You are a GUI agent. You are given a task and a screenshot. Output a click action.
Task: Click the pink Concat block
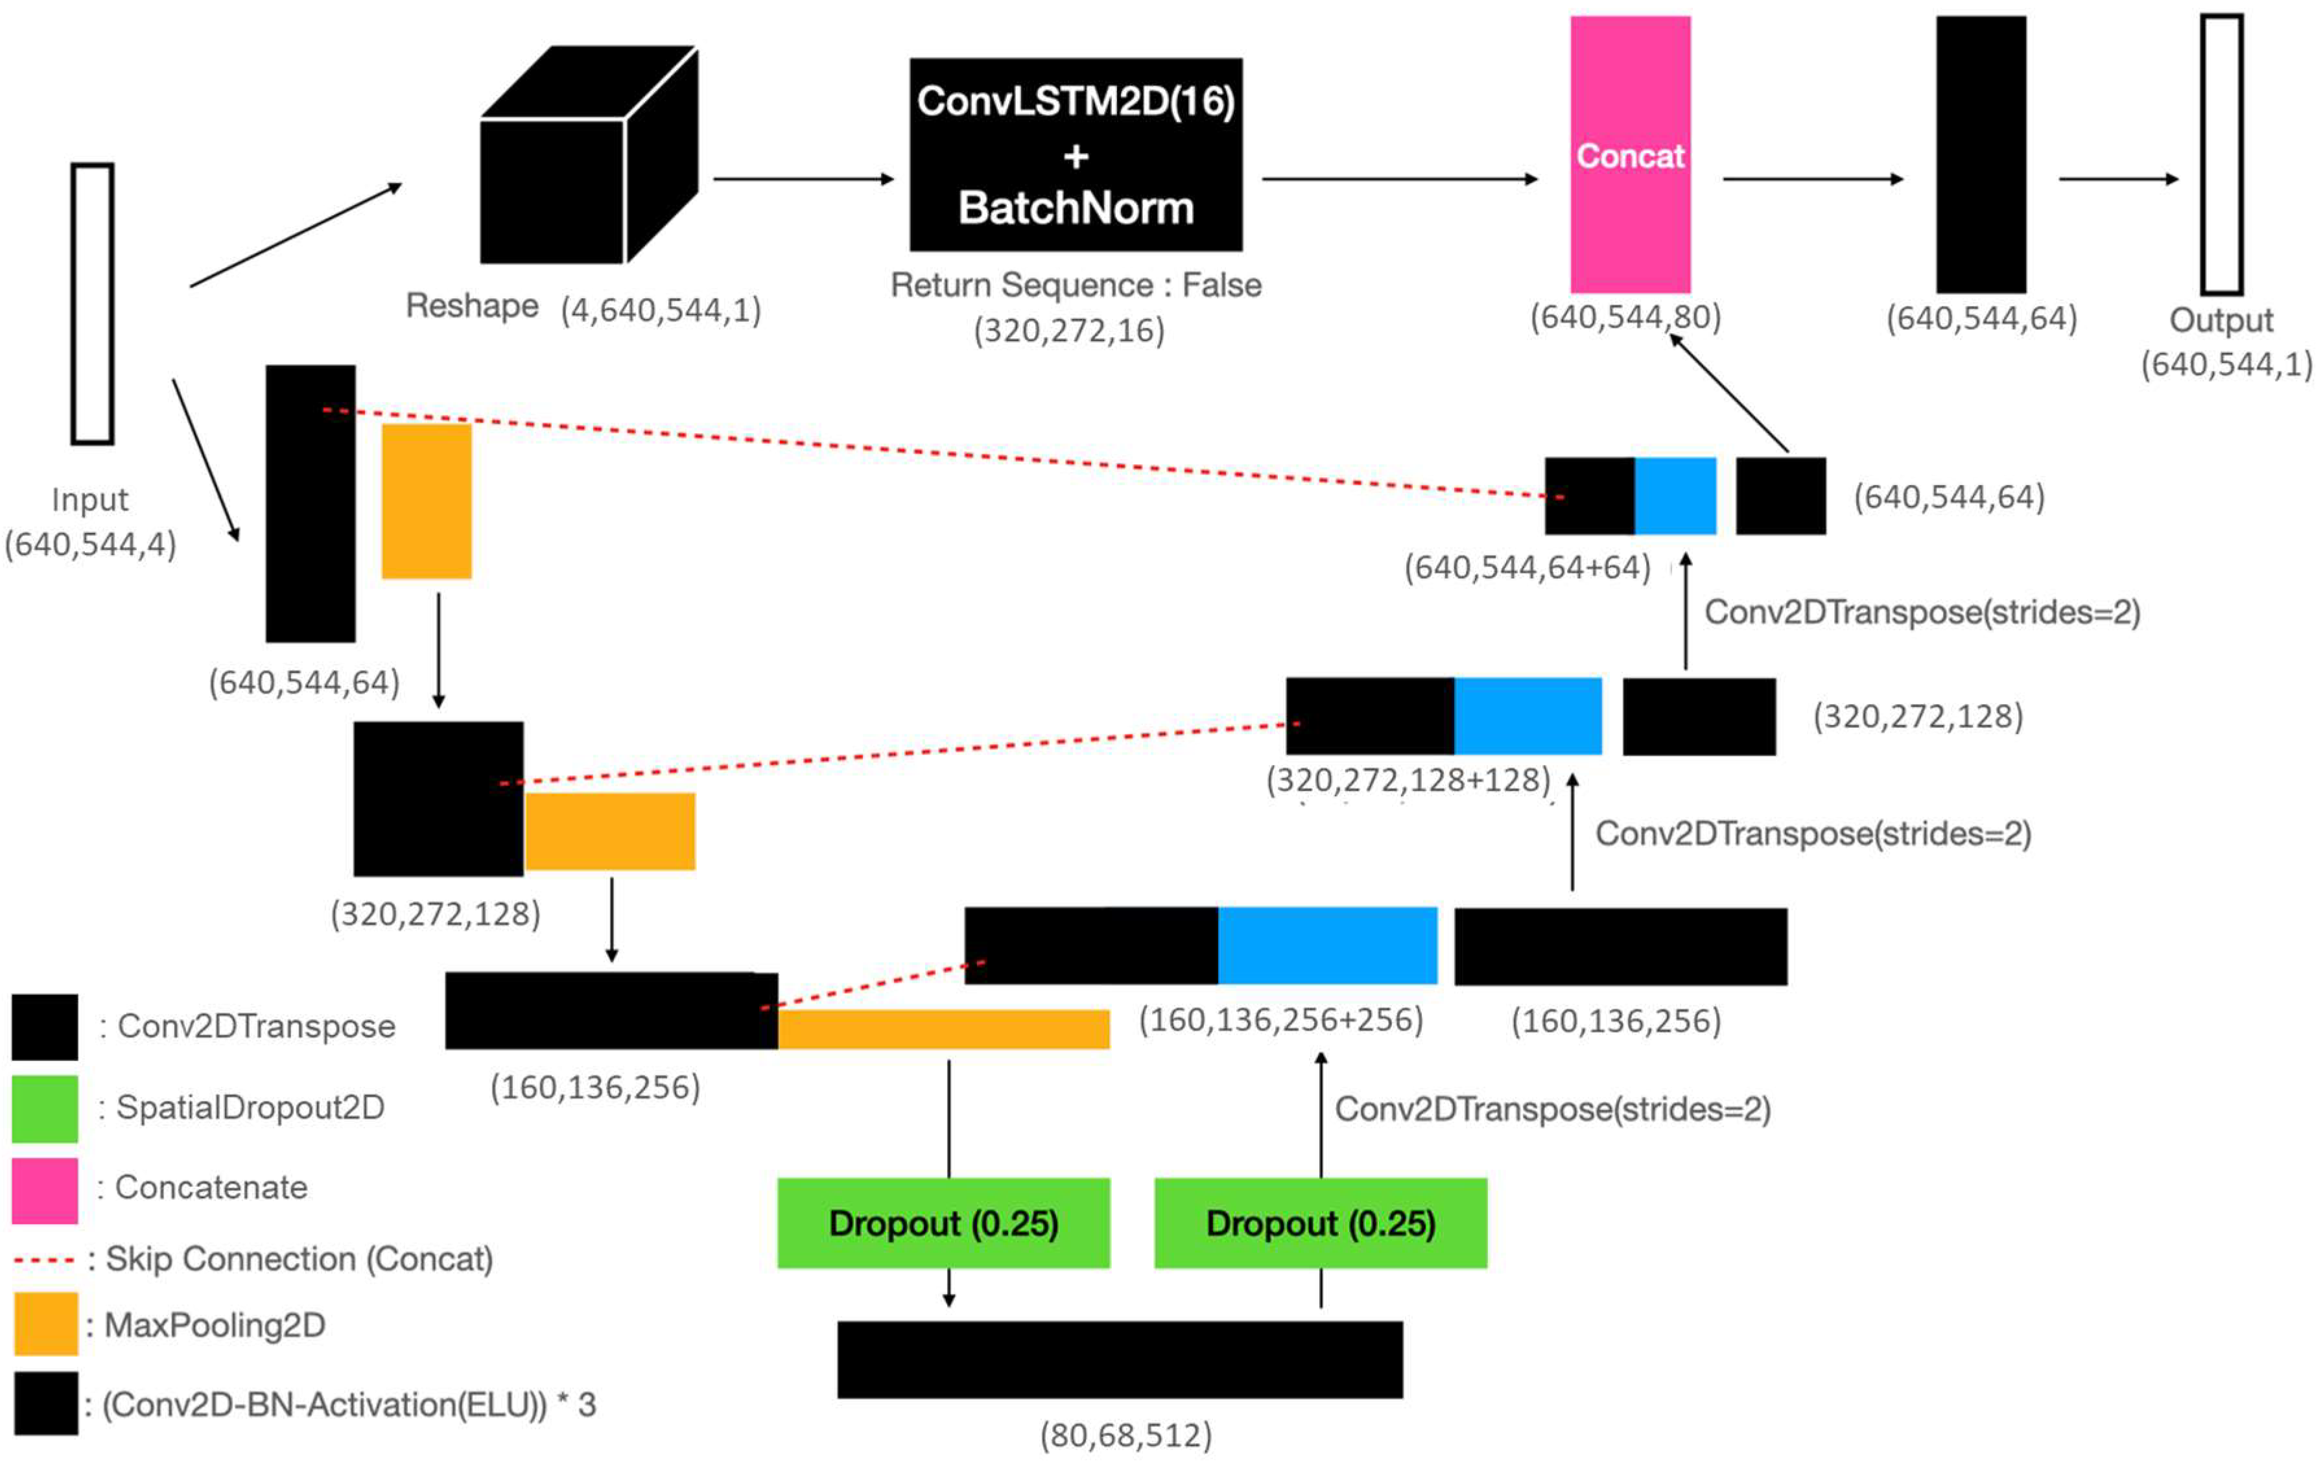click(1630, 154)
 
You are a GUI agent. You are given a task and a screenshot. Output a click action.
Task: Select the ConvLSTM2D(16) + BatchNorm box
click(1076, 154)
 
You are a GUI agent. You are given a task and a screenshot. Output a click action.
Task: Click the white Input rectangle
click(93, 303)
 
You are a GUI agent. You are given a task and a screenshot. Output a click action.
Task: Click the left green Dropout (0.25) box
click(943, 1222)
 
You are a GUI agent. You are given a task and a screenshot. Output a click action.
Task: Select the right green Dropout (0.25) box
click(1321, 1222)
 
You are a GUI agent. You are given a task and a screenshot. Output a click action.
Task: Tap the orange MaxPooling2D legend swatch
click(45, 1323)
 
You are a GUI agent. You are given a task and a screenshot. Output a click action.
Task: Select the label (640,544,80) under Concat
click(1625, 317)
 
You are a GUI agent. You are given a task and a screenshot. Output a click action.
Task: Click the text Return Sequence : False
click(1076, 285)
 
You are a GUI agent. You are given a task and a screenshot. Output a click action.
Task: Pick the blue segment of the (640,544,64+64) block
click(1675, 495)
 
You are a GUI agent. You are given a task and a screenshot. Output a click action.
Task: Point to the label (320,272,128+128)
click(1408, 779)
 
